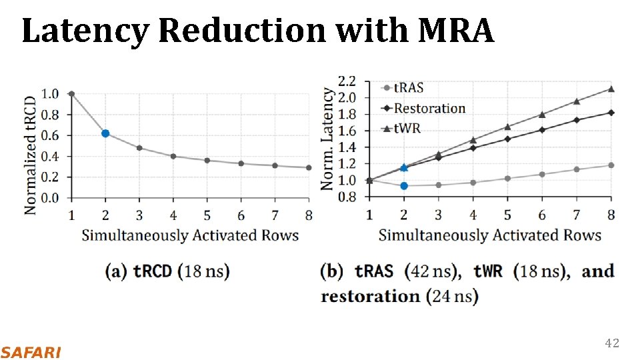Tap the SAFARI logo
coord(31,352)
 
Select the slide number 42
coord(611,343)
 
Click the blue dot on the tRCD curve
coord(105,133)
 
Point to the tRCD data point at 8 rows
coord(309,167)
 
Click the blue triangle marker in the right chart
coord(403,167)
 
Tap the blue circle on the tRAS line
coord(403,185)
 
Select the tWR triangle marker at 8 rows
coord(611,89)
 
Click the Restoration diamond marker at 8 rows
coord(611,113)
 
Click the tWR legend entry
coord(407,128)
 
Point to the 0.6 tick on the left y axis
coord(51,135)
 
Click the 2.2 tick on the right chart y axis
coord(347,81)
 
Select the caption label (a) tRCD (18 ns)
coord(167,271)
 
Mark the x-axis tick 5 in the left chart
coord(207,215)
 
